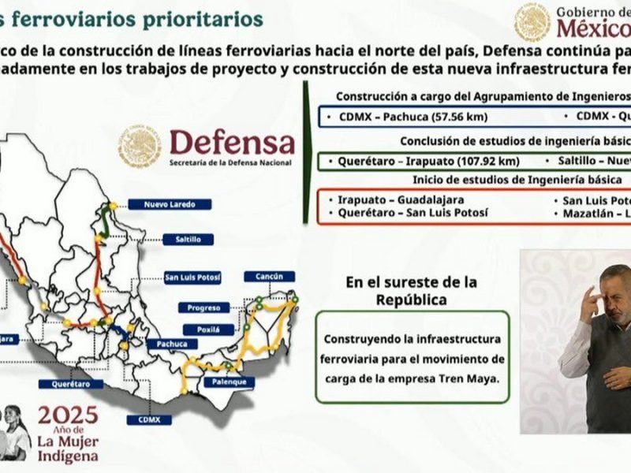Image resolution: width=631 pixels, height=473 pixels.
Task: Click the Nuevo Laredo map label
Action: pyautogui.click(x=170, y=204)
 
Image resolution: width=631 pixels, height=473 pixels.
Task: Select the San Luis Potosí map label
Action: pyautogui.click(x=192, y=277)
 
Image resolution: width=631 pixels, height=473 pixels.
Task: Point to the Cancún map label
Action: pyautogui.click(x=270, y=277)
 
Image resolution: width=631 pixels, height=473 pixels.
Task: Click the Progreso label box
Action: pyautogui.click(x=203, y=307)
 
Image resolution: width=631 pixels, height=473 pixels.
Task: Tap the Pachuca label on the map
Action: pyautogui.click(x=171, y=344)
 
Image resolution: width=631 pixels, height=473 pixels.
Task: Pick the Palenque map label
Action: pyautogui.click(x=229, y=382)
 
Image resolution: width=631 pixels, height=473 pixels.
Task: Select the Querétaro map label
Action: pyautogui.click(x=70, y=384)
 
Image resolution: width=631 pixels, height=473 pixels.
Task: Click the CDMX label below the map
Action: pyautogui.click(x=149, y=419)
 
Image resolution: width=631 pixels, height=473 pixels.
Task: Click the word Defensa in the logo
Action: pyautogui.click(x=232, y=143)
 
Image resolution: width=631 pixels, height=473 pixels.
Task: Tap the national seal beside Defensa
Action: pyautogui.click(x=140, y=146)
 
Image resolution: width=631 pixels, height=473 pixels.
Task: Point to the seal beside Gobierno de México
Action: pyautogui.click(x=532, y=22)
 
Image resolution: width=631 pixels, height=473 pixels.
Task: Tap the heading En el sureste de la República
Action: pyautogui.click(x=400, y=291)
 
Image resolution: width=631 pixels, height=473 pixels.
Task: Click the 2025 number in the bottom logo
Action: pyautogui.click(x=68, y=415)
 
